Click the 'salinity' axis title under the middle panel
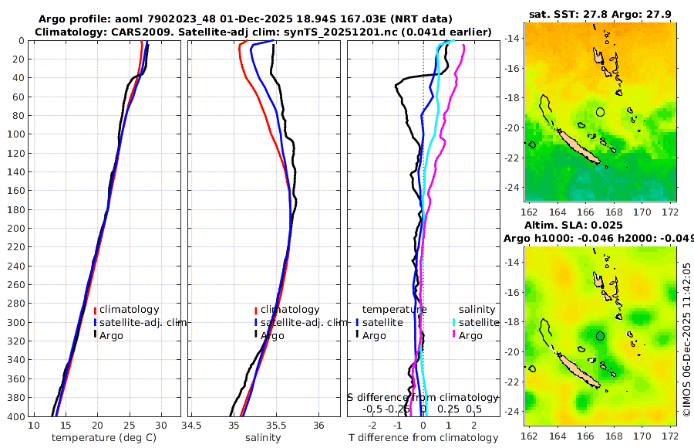pyautogui.click(x=262, y=438)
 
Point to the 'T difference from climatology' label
pyautogui.click(x=423, y=438)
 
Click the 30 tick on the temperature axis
pyautogui.click(x=160, y=426)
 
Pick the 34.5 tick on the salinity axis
pyautogui.click(x=192, y=426)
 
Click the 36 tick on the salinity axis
pyautogui.click(x=318, y=426)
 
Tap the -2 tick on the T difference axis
pyautogui.click(x=373, y=426)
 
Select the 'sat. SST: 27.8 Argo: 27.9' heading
pyautogui.click(x=601, y=15)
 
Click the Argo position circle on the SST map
pyautogui.click(x=601, y=112)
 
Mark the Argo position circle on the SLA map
pyautogui.click(x=601, y=336)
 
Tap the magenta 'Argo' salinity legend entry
pyautogui.click(x=470, y=335)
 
